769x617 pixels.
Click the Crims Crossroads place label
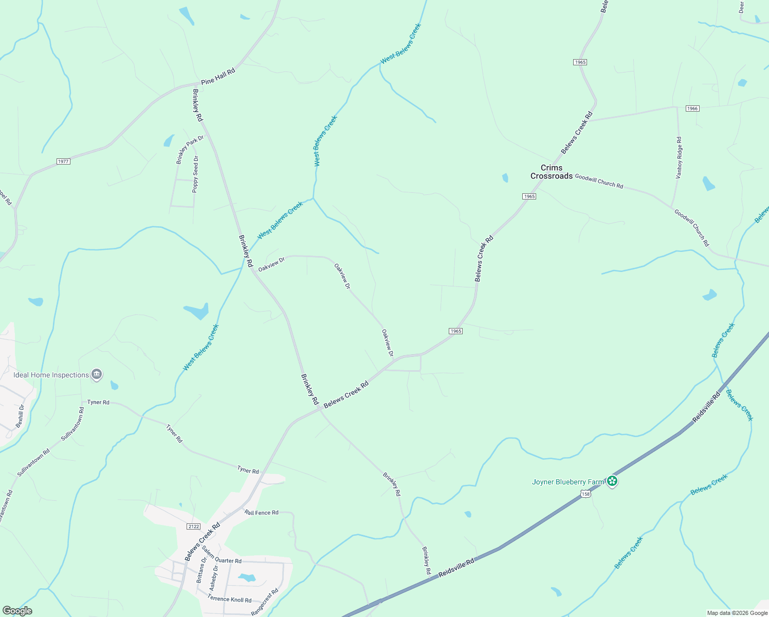(x=551, y=172)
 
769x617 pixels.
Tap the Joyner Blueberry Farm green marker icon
(x=612, y=481)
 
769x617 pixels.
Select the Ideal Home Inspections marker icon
(x=97, y=375)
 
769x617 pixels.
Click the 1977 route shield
(x=63, y=161)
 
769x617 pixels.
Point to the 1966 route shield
(x=692, y=108)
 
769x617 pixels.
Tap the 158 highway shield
(x=585, y=494)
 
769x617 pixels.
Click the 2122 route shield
(x=193, y=527)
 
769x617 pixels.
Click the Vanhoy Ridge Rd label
(x=679, y=158)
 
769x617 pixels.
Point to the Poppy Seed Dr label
(x=195, y=174)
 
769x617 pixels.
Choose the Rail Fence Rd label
(x=261, y=513)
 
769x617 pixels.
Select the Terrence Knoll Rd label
(x=230, y=599)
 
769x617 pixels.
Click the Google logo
(x=17, y=611)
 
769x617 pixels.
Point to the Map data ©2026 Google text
(x=737, y=613)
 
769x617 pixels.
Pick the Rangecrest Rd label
(x=264, y=602)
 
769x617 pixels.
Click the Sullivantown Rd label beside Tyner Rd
(x=73, y=424)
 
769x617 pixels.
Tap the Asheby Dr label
(x=214, y=577)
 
